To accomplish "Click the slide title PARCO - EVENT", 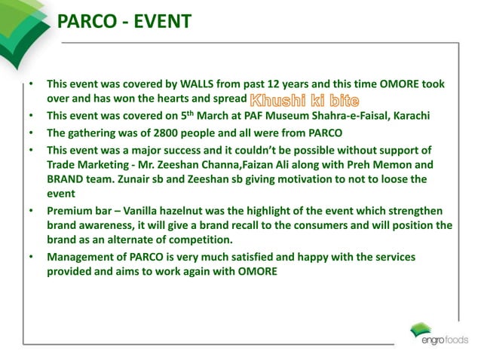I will [124, 22].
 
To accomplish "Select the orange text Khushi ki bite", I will [304, 99].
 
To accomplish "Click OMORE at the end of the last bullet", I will [256, 272].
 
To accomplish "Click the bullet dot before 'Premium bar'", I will [31, 211].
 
